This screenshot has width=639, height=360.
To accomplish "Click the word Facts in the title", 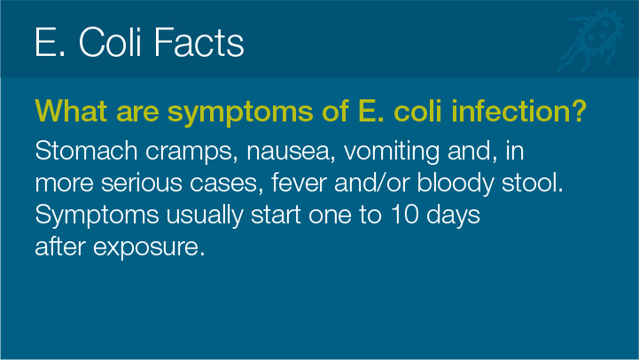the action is point(199,42).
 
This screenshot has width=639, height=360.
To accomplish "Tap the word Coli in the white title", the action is point(110,42).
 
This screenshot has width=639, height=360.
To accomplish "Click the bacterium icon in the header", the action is point(591,39).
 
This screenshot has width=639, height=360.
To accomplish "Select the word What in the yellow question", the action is point(71,111).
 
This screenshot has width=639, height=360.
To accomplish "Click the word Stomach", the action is point(86,151).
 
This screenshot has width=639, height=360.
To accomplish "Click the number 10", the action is point(405,215).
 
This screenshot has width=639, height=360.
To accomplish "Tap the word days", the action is point(453,216).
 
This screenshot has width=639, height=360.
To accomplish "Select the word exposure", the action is point(149,248).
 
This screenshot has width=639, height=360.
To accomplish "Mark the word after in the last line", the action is point(60,247).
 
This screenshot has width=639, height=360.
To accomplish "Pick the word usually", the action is point(205,216).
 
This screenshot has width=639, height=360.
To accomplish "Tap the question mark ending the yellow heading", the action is point(579,111).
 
